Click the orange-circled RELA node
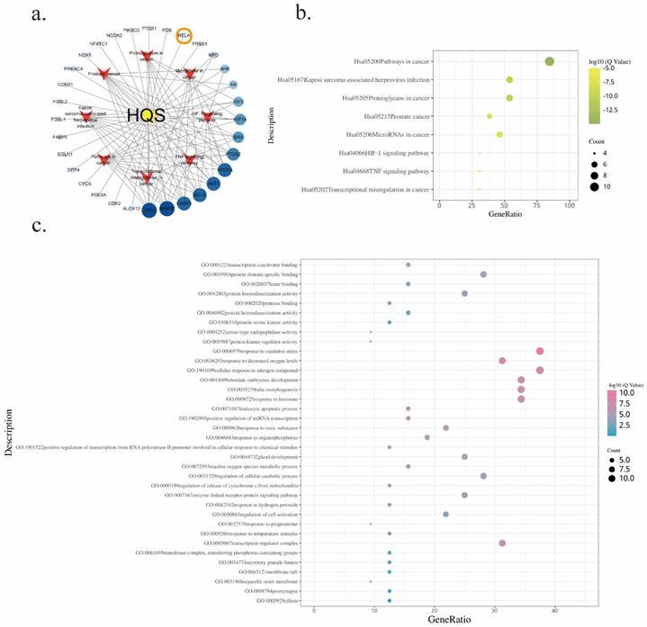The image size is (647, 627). (x=184, y=37)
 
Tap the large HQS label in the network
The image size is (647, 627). (x=147, y=116)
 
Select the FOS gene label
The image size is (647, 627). (x=166, y=30)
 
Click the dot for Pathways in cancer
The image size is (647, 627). (x=549, y=61)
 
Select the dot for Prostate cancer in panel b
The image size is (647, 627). (x=490, y=116)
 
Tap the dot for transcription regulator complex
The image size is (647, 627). (x=502, y=543)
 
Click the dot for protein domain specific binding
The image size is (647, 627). (x=484, y=274)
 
